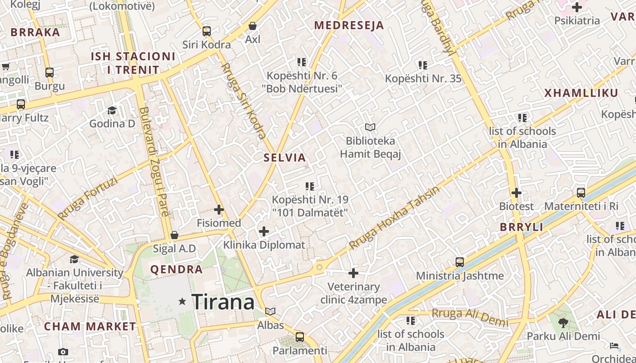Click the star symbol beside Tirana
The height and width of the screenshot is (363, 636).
pos(183,301)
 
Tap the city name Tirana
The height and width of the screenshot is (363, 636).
pos(223,302)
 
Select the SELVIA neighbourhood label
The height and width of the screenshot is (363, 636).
pos(285,158)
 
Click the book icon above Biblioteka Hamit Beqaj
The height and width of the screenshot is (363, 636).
pos(370,128)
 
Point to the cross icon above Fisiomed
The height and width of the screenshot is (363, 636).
pos(219,210)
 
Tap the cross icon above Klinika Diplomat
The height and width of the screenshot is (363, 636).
pos(264,231)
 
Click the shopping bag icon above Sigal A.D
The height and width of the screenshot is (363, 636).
pos(174,235)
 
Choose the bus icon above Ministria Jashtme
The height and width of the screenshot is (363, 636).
pos(460,262)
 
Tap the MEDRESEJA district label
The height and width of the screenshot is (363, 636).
pos(349,25)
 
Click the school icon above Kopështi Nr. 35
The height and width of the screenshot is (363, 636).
pos(423,65)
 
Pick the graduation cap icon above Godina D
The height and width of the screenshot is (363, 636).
pos(112,110)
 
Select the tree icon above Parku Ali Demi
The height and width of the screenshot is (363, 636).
pos(563,323)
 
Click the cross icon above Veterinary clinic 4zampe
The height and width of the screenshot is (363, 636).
pos(353,273)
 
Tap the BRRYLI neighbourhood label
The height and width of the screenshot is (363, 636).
pos(522,227)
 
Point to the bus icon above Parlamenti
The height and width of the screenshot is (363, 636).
pos(300,337)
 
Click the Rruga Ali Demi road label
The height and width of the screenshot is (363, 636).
pos(470,316)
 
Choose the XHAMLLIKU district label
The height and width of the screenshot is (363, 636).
pos(581,93)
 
